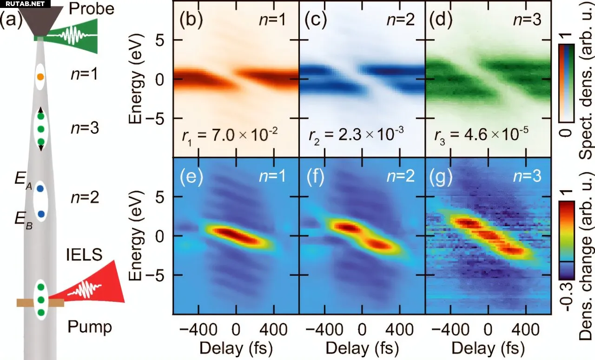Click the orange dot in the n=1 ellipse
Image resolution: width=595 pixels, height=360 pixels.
pyautogui.click(x=40, y=76)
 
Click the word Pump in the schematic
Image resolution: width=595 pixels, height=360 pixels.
pyautogui.click(x=90, y=327)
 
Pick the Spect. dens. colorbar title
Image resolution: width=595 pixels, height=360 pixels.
pyautogui.click(x=587, y=100)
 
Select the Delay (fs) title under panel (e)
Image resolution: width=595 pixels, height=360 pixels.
pyautogui.click(x=235, y=348)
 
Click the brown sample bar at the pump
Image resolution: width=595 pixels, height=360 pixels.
pyautogui.click(x=40, y=303)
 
